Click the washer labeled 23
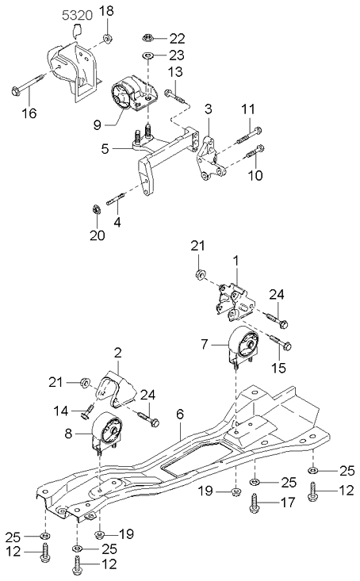pyautogui.click(x=147, y=55)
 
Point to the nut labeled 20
pyautogui.click(x=94, y=210)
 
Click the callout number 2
pyautogui.click(x=117, y=351)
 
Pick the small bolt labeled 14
pyautogui.click(x=87, y=410)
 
